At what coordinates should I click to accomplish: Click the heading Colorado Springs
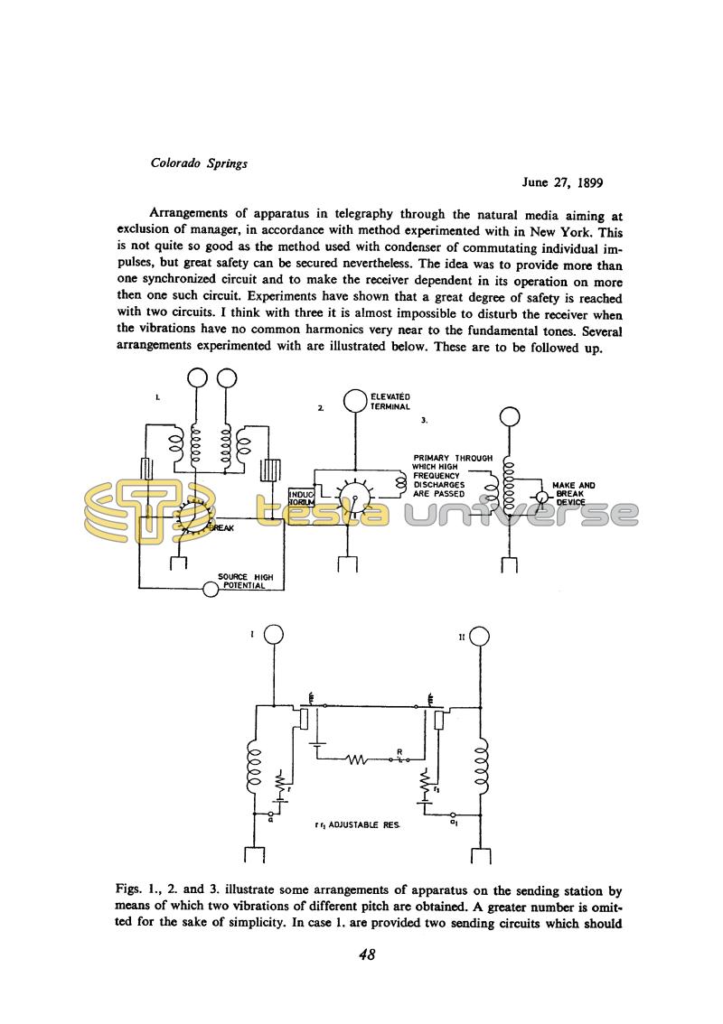(x=199, y=163)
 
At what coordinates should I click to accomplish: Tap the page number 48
(x=367, y=954)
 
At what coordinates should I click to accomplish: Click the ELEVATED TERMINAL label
(x=390, y=402)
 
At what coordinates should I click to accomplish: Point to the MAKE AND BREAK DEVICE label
(x=574, y=494)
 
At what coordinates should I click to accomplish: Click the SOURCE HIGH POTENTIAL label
(x=246, y=581)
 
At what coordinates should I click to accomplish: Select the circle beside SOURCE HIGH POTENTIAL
(x=211, y=589)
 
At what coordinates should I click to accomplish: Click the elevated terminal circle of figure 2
(x=354, y=400)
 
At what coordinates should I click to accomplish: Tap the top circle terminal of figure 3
(x=510, y=416)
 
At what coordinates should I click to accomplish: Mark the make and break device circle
(x=539, y=498)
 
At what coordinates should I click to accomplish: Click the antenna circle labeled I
(x=273, y=636)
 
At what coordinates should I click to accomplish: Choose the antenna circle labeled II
(x=479, y=637)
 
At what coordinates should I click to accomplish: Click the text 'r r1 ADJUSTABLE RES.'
(x=358, y=824)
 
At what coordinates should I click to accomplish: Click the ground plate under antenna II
(x=479, y=857)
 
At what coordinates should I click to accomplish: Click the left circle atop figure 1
(x=197, y=378)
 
